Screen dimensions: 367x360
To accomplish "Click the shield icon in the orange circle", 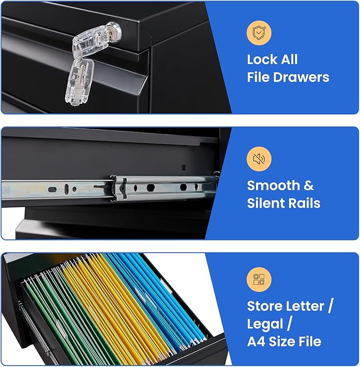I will [x=259, y=32].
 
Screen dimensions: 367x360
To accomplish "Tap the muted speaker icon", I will [x=259, y=159].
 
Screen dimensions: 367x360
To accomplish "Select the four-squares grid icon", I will [x=259, y=279].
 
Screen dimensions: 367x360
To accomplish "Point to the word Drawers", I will [x=302, y=77].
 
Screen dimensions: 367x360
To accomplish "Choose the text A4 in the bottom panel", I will [x=256, y=342].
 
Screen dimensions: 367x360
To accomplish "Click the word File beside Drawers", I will [x=258, y=77].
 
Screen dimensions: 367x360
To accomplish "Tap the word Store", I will [x=264, y=306].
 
